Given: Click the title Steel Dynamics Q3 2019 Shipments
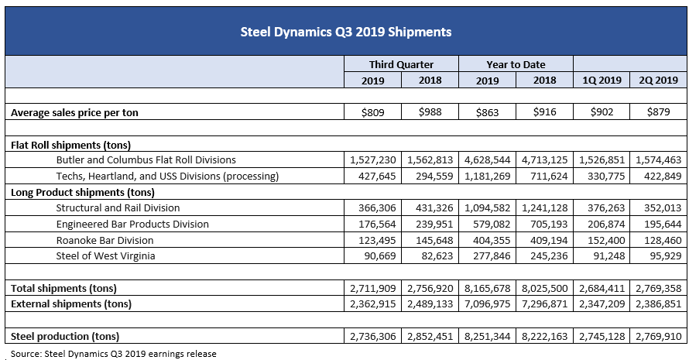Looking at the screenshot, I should (345, 32).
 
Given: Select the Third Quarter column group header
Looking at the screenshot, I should (402, 64).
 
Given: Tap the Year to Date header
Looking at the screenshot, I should (516, 64).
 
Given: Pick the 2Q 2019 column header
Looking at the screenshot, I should (659, 80).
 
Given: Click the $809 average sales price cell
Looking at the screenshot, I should (373, 112).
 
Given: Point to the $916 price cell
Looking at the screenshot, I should (545, 112).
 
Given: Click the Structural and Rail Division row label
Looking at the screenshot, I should (118, 207).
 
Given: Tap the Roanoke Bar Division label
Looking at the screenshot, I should (105, 240).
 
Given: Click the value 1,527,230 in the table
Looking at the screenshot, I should (373, 160).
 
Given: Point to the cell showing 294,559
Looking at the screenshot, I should (430, 176).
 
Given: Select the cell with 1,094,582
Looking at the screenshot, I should (488, 207).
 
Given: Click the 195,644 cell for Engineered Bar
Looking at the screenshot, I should (659, 224).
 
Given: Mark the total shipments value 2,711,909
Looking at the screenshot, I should (373, 288).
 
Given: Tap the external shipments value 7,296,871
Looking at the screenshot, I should (545, 303).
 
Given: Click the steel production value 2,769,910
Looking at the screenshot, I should (659, 336).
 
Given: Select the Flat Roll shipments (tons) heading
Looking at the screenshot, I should (70, 145).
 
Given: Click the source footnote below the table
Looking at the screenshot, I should (114, 354).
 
